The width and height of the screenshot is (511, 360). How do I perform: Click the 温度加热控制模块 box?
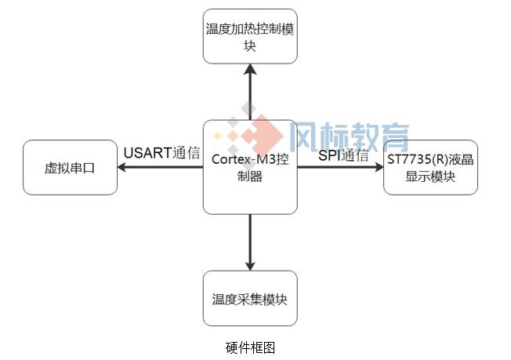tap(250, 37)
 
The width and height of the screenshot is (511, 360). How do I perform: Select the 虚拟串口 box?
tap(70, 167)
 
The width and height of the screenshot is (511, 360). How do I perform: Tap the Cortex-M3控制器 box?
tap(250, 167)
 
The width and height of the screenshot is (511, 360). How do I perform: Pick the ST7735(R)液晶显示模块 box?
tap(430, 167)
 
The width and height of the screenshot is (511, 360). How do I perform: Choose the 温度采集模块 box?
tap(250, 298)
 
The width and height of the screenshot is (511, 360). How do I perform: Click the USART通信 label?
tap(161, 152)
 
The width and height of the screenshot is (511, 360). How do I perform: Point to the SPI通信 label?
tap(343, 155)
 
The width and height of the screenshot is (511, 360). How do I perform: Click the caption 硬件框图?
tap(250, 347)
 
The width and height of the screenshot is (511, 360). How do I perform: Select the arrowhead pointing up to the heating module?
tap(250, 69)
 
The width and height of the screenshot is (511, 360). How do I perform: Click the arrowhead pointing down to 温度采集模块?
tap(250, 265)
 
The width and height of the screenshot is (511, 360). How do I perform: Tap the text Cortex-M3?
tap(239, 159)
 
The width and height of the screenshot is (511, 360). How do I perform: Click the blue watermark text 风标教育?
tap(350, 136)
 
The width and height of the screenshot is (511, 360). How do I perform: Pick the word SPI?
tap(329, 155)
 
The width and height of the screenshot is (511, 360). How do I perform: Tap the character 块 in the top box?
tap(250, 46)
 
